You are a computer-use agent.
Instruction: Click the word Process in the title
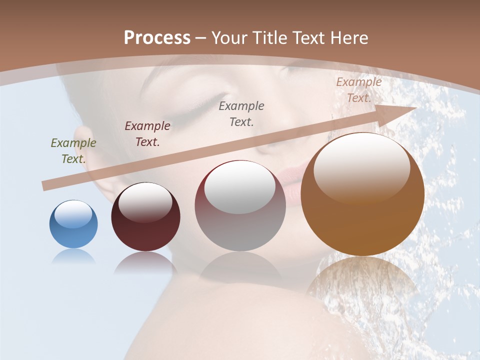pyautogui.click(x=157, y=38)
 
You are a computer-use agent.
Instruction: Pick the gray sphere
pyautogui.click(x=240, y=206)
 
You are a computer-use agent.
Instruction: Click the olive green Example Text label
pyautogui.click(x=73, y=151)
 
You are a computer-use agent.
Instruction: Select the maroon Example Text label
pyautogui.click(x=147, y=134)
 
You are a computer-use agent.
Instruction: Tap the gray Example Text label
pyautogui.click(x=241, y=114)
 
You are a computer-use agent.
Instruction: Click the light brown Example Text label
pyautogui.click(x=359, y=90)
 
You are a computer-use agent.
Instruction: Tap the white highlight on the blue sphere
pyautogui.click(x=73, y=214)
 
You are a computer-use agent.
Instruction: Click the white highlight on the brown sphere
pyautogui.click(x=361, y=167)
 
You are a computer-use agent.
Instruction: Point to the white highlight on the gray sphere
pyautogui.click(x=239, y=187)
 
